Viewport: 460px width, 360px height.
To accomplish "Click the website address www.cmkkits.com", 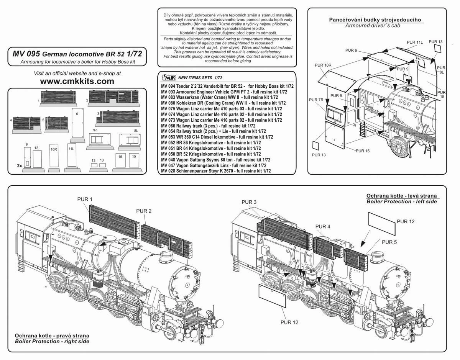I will (77, 81).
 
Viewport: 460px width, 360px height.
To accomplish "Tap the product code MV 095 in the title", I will (24, 54).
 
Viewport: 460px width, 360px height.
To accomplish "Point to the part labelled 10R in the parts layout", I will (53, 158).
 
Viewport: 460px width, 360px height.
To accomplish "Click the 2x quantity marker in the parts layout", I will (19, 165).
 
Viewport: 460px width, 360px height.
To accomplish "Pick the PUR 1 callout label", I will (85, 199).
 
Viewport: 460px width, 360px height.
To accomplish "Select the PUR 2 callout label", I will (144, 211).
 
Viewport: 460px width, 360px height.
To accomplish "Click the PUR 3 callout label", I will (249, 202).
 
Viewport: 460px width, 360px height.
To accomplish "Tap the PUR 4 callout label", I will (323, 226).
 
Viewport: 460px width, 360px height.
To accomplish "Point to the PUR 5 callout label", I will (389, 242).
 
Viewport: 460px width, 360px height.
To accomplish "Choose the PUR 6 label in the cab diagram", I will (351, 50).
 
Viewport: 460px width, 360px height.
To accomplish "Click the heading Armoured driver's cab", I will (375, 25).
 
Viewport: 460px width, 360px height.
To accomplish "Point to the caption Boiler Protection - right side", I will (51, 341).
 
